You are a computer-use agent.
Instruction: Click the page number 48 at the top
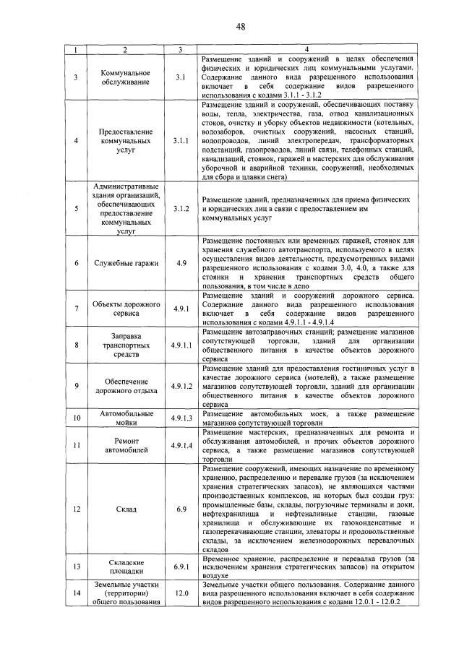tap(241, 27)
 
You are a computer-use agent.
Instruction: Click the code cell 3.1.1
tap(181, 141)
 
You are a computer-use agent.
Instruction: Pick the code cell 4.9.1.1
tap(181, 345)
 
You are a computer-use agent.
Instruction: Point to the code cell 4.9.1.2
tap(181, 386)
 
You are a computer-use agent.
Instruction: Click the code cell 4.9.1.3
tap(181, 418)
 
